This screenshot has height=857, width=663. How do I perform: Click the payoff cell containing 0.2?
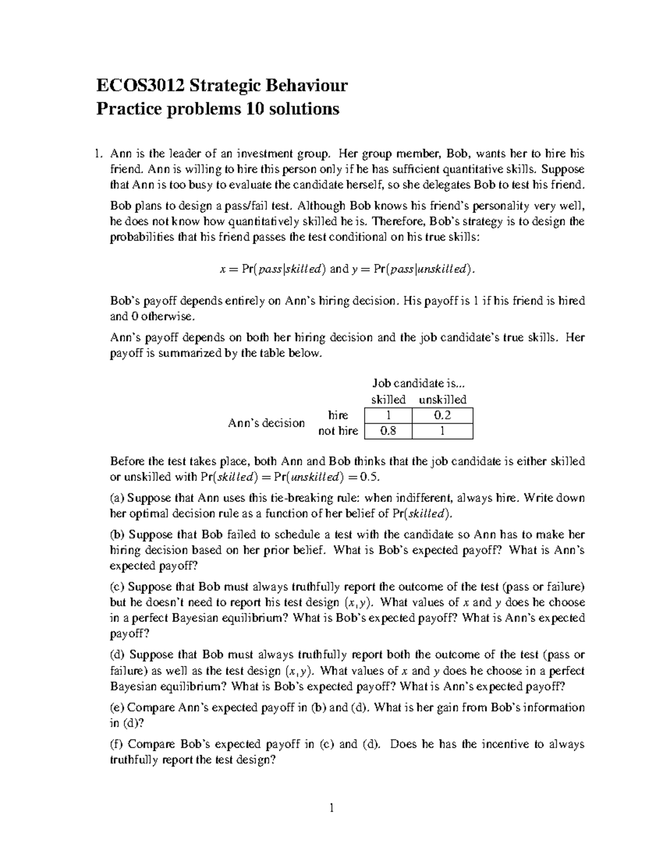pos(443,416)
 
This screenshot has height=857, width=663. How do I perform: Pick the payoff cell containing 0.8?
pos(388,431)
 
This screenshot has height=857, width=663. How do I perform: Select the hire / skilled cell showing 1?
pos(388,416)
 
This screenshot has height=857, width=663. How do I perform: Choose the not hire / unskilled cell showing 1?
pos(443,431)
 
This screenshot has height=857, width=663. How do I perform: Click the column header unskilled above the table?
pos(443,400)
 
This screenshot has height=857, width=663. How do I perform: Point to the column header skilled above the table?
pos(388,400)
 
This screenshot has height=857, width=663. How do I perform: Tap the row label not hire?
pos(338,431)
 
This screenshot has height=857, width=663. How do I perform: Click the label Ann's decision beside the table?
pos(266,423)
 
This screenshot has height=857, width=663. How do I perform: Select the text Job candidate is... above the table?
pos(415,383)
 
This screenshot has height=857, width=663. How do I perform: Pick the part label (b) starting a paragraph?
pos(118,534)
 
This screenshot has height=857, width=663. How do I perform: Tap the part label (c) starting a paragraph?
pos(118,587)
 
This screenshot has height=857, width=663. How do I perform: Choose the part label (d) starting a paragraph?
pos(118,655)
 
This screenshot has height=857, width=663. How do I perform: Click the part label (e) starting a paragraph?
pos(118,707)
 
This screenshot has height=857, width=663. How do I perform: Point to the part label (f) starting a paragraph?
pos(117,744)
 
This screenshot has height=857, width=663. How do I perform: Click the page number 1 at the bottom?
pos(332,810)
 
